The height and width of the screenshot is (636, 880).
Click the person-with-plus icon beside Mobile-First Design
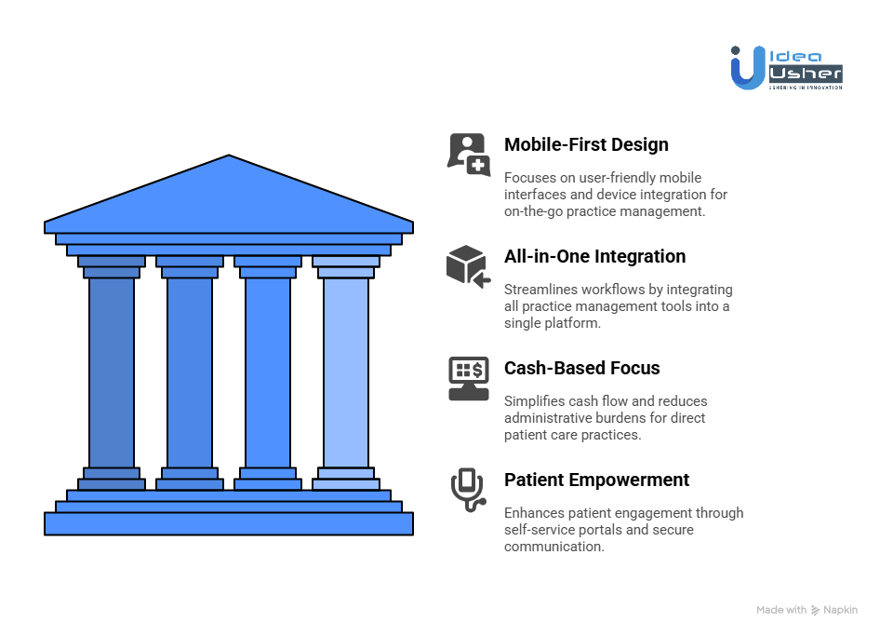pos(468,154)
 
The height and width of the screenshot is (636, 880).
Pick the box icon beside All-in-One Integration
pos(468,265)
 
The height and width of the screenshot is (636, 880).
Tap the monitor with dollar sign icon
pos(468,378)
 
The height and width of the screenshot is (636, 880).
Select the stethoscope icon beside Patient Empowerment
pos(468,490)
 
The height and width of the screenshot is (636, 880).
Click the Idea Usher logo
pos(786,67)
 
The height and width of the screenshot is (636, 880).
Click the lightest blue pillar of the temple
pos(346,372)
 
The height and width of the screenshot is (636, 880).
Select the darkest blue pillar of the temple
pos(112,372)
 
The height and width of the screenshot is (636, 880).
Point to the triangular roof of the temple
pos(229,196)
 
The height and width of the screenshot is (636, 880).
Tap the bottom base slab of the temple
pos(229,524)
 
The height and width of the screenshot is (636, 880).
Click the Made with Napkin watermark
pos(807,610)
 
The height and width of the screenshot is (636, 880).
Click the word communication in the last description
pos(553,547)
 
